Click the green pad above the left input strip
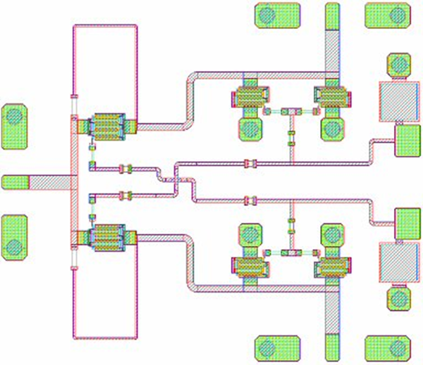coord(14,126)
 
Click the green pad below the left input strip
coord(14,238)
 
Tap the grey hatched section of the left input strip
coord(49,181)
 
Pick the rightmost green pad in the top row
coord(386,16)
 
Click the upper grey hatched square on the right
coord(397,101)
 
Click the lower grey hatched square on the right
coord(397,262)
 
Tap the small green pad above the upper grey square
coord(398,65)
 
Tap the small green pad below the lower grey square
coord(398,297)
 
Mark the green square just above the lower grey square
coord(407,224)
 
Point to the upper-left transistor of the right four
coord(250,98)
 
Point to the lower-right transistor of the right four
coord(332,267)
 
